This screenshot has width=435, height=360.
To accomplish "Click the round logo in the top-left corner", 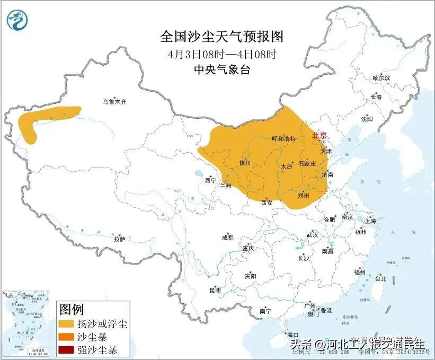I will coord(18,21).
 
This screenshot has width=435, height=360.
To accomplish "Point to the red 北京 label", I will coord(319,136).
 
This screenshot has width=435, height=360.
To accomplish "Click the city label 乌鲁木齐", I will coord(115,101).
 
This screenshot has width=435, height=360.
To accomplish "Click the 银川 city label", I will coord(245,163).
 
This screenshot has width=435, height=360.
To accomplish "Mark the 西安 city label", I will coord(267,202).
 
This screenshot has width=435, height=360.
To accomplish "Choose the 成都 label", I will coord(227,238).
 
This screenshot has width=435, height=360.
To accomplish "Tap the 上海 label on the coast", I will coord(370,221).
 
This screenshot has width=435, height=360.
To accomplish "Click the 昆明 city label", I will coord(215,290).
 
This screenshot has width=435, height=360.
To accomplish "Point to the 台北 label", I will coord(380,278).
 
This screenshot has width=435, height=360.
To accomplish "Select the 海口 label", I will coord(292,335).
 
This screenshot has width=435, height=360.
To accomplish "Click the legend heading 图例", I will coord(71,309).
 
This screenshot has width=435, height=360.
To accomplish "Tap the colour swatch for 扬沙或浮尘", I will coord(66,323).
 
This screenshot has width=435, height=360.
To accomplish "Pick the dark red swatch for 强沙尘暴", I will coord(66,350).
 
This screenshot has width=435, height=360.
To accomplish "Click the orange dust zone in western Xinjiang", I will coord(42,115).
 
